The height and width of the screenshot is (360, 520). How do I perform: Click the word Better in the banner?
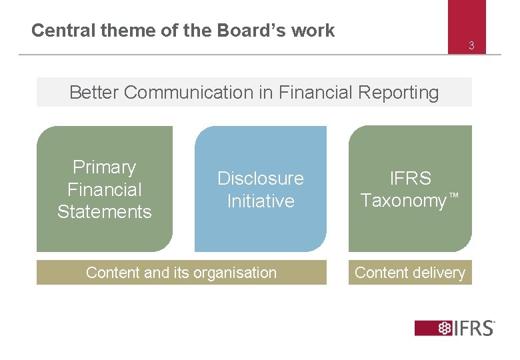click(x=94, y=93)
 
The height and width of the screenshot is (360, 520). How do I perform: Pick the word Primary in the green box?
click(x=104, y=167)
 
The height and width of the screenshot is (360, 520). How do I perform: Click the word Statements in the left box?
click(x=104, y=212)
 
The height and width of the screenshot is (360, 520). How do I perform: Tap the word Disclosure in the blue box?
click(x=260, y=179)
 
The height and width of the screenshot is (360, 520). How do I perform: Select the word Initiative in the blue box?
click(x=260, y=201)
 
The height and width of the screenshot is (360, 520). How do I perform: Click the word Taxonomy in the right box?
click(x=403, y=201)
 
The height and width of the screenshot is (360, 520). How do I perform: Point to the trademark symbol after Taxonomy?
click(x=454, y=197)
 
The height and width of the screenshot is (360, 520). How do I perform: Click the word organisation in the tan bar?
click(x=230, y=273)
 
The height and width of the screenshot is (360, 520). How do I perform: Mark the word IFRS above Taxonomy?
click(x=411, y=179)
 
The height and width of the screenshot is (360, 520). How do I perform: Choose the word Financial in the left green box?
click(x=104, y=190)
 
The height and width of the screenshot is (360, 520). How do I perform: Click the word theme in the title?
click(x=118, y=31)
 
